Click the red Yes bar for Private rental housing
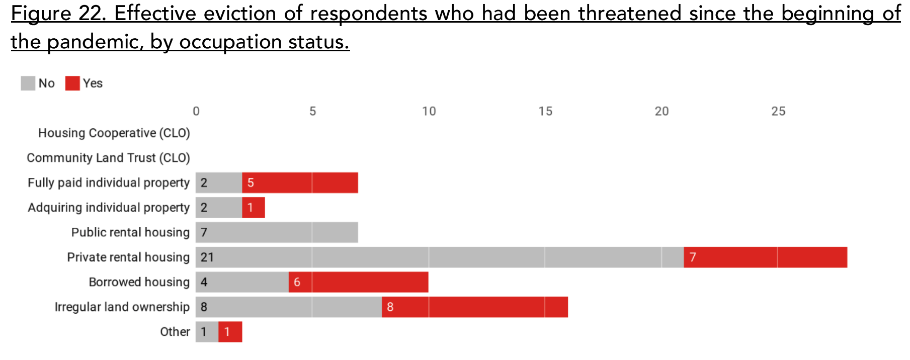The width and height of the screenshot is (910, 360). point(765,257)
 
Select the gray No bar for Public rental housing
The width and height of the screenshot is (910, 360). point(277,233)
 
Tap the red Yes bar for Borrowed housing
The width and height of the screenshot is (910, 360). point(359,282)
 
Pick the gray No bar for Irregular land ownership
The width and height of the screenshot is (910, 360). point(289,307)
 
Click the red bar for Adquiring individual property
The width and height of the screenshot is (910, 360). point(254,208)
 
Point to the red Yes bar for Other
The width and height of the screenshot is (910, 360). point(230,332)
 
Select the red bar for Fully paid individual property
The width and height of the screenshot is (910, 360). point(300,183)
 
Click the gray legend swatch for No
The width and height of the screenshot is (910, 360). point(28,83)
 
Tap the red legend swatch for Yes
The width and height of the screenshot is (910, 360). point(72,83)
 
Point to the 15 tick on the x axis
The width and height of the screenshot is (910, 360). point(545,111)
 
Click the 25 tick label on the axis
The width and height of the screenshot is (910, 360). point(778,111)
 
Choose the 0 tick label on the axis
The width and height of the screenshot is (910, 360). point(196,111)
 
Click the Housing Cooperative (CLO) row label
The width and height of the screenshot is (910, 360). point(114,133)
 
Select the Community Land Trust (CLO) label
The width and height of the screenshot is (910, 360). point(108,158)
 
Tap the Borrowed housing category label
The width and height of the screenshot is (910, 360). point(139,282)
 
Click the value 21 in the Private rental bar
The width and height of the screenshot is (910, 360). point(207,257)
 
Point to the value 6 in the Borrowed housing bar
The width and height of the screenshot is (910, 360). point(297,282)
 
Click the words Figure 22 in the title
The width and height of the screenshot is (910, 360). point(59,14)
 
